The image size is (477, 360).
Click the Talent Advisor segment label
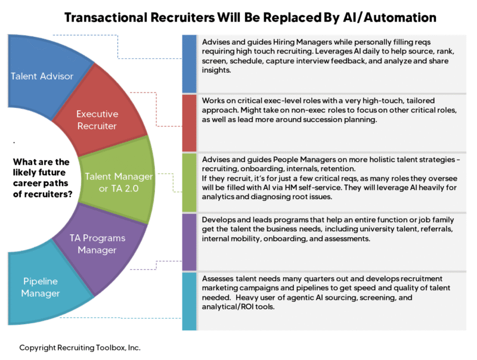point(42,76)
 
